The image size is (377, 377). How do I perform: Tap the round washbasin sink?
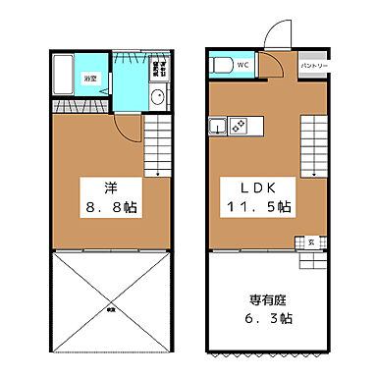tap(158, 96)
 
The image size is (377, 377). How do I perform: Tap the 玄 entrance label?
tap(311, 242)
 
